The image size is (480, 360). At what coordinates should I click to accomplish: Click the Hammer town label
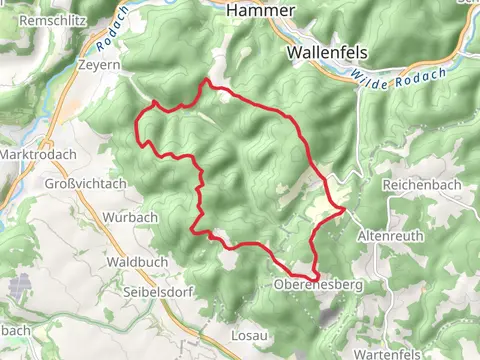261,9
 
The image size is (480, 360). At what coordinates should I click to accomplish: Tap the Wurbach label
130,217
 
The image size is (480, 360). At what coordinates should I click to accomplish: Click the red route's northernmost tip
207,80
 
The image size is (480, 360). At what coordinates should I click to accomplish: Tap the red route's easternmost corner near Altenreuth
343,210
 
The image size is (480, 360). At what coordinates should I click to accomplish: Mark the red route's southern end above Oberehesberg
315,276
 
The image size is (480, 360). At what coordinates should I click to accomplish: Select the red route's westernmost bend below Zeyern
136,124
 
